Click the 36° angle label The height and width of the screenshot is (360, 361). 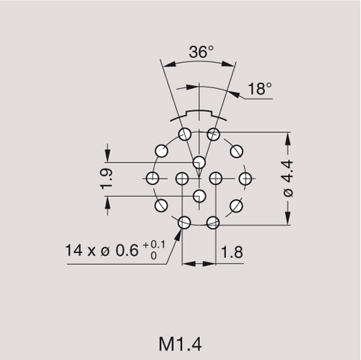[x=201, y=52]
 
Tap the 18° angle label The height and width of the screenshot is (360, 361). [x=260, y=89]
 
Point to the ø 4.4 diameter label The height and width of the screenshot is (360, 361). [x=289, y=179]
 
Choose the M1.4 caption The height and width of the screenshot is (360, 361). [x=180, y=340]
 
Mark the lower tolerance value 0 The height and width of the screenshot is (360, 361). [x=154, y=256]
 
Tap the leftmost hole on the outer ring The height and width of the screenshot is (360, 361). [x=152, y=178]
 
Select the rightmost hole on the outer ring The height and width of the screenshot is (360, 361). [x=245, y=178]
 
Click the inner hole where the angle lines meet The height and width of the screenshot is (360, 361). [x=199, y=160]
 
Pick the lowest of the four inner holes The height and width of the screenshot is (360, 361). [x=199, y=195]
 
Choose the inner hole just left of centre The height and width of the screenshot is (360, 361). [x=182, y=178]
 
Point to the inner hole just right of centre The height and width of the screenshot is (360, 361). [x=215, y=178]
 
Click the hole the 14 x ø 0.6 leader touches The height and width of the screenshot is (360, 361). [x=184, y=223]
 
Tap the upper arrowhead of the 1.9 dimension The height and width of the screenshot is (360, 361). [x=108, y=158]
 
